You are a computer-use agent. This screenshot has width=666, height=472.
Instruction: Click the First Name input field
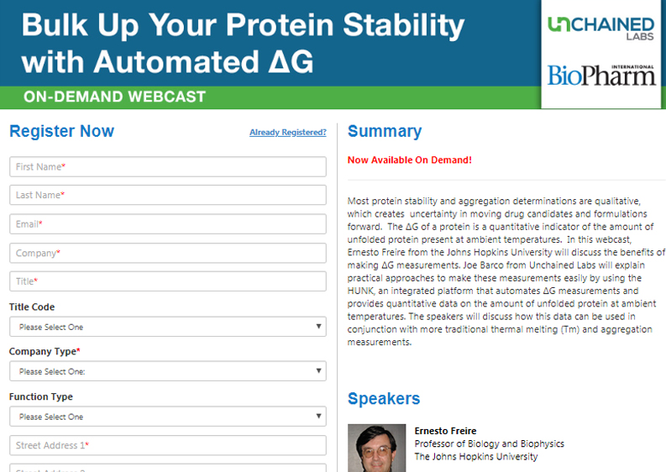168,166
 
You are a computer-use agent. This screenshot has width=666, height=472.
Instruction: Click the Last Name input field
168,195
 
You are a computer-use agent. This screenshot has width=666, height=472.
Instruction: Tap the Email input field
168,224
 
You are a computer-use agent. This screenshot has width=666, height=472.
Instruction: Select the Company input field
168,253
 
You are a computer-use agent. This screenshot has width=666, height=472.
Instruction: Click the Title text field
168,281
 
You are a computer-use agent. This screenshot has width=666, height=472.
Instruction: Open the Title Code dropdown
168,327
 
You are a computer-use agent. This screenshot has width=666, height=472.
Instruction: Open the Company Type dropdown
168,371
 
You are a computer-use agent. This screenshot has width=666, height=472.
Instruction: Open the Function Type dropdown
168,417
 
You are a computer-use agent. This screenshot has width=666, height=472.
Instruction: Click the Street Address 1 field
168,445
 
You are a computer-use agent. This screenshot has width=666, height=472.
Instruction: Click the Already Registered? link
288,132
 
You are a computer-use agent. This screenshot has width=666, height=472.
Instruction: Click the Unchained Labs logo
600,29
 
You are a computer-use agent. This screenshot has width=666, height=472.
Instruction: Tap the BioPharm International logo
601,76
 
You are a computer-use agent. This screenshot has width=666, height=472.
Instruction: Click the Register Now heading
61,131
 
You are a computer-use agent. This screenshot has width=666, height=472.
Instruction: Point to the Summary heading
385,131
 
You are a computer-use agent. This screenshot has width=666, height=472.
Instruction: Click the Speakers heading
384,398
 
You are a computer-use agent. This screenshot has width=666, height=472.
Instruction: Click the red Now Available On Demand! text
410,160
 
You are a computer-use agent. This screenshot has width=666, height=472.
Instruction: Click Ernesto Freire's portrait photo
377,448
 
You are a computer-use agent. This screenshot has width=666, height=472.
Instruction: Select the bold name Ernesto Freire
446,431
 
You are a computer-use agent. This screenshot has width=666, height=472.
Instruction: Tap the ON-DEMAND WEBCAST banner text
115,97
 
